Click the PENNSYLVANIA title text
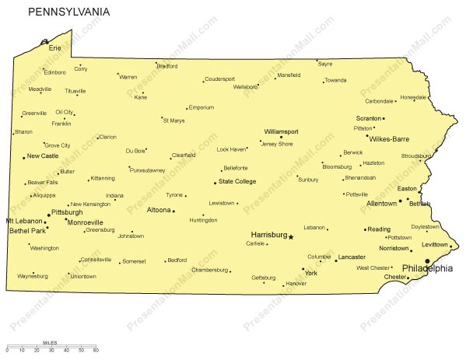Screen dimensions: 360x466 (x=69, y=12)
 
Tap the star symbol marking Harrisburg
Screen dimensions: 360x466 (x=291, y=236)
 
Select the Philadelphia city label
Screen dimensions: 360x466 (x=426, y=268)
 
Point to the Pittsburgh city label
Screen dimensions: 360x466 (x=66, y=211)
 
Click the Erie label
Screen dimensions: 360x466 (x=54, y=48)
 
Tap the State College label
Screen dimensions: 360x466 (x=237, y=182)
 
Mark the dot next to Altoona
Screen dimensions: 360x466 (x=173, y=211)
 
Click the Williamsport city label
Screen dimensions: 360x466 (x=281, y=131)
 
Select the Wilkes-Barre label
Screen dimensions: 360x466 (x=389, y=139)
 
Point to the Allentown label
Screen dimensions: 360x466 (x=382, y=203)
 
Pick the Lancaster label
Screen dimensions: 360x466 (x=352, y=257)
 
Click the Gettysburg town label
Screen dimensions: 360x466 (x=263, y=278)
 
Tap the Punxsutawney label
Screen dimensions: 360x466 (x=148, y=170)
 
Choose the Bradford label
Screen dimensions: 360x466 (x=167, y=67)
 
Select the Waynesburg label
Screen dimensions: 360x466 (x=32, y=275)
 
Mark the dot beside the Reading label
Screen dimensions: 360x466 (x=364, y=229)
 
